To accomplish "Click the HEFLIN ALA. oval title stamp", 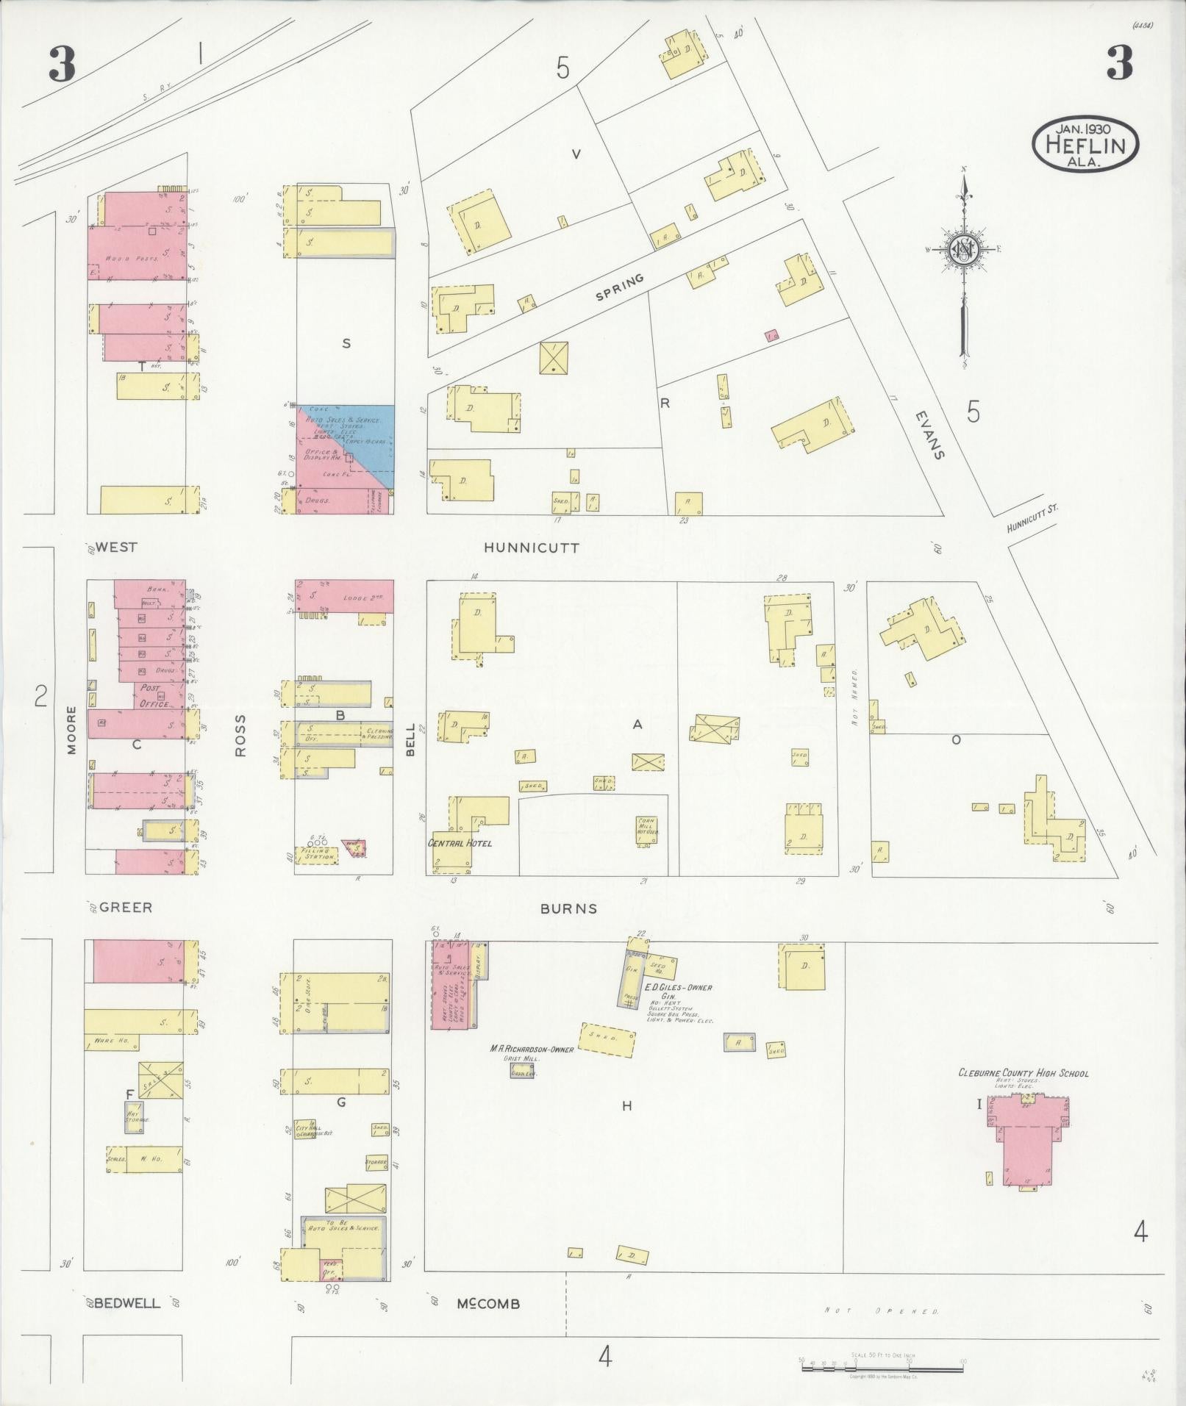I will pyautogui.click(x=1085, y=144).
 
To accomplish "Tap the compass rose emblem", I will pyautogui.click(x=962, y=250).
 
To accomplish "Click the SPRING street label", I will pyautogui.click(x=620, y=287).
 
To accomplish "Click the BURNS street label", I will pyautogui.click(x=568, y=908).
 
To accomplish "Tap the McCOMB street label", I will pyautogui.click(x=488, y=1304).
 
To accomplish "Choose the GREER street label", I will pyautogui.click(x=126, y=908).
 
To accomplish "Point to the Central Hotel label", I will pyautogui.click(x=460, y=843).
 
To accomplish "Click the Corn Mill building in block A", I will pyautogui.click(x=646, y=831).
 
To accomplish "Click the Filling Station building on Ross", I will pyautogui.click(x=316, y=855).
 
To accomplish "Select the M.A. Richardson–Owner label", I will pyautogui.click(x=532, y=1049).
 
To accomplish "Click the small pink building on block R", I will pyautogui.click(x=772, y=336).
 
